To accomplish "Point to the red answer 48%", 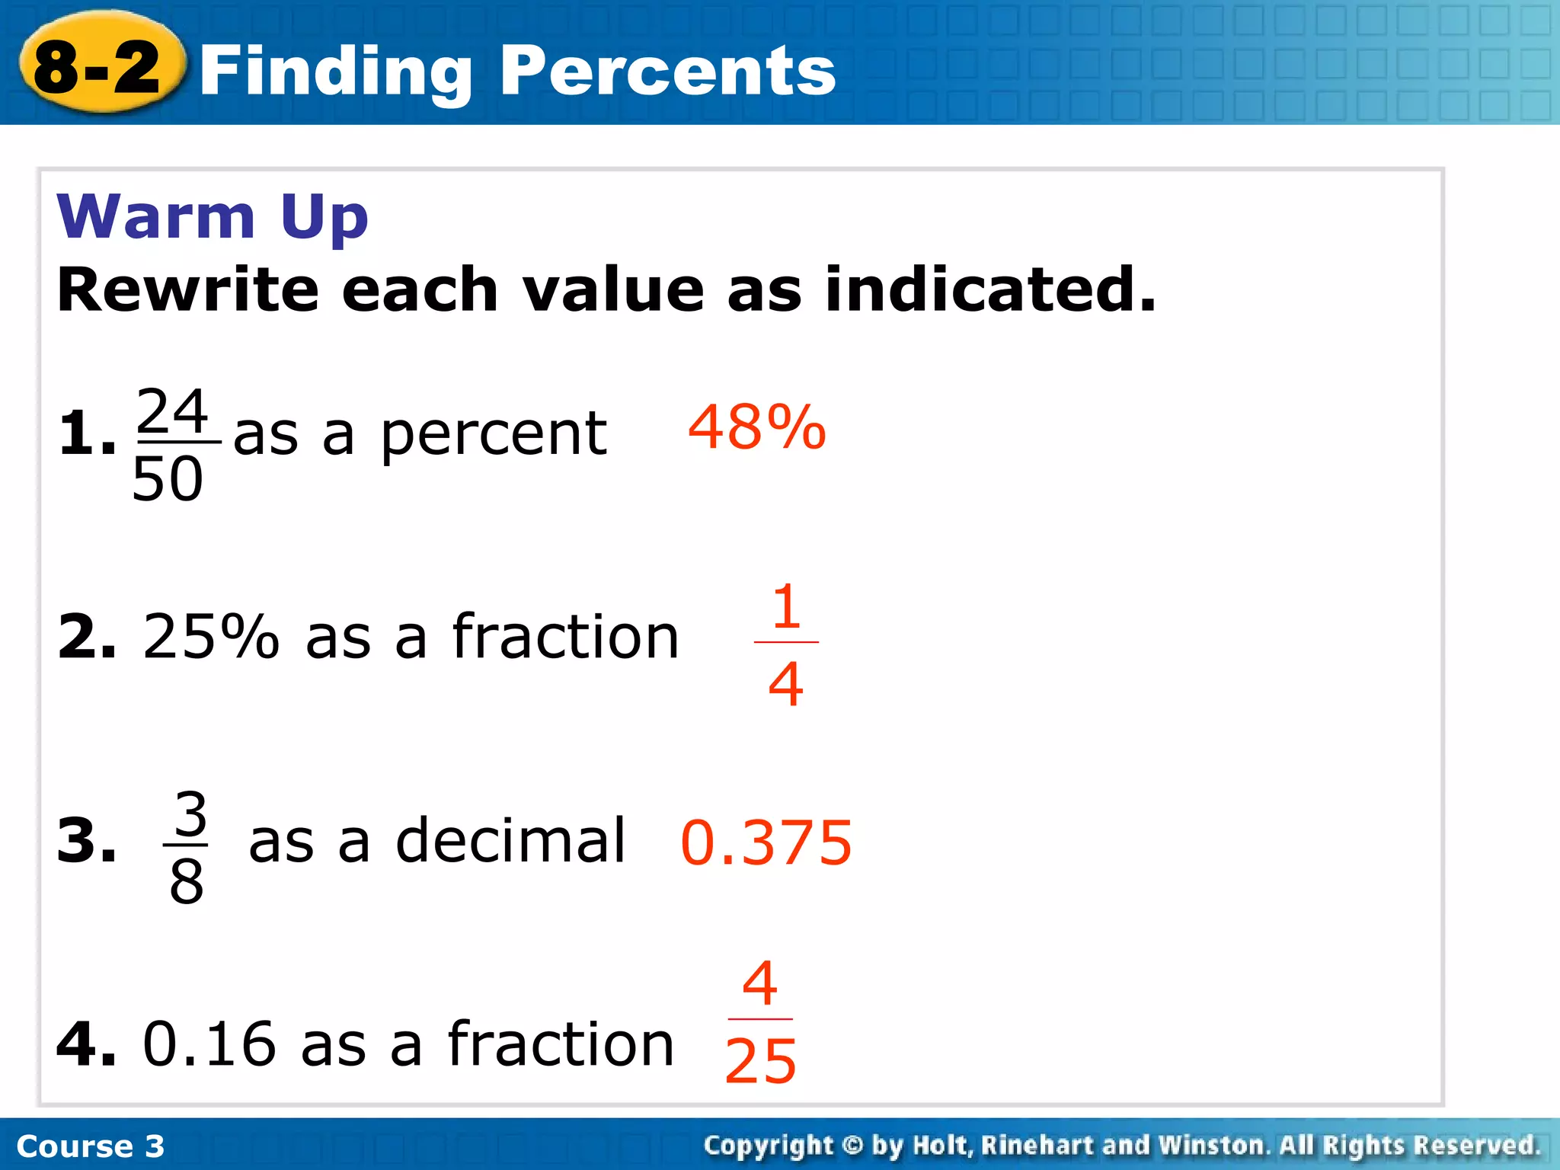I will (x=756, y=427).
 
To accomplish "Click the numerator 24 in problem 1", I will (x=172, y=411).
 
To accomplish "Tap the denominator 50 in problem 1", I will (x=168, y=479).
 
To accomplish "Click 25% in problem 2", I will (x=211, y=636).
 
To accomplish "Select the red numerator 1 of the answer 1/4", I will (x=786, y=606).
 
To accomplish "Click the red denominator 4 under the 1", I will (x=786, y=683).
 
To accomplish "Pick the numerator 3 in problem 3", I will (x=190, y=814).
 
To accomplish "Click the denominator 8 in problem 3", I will (x=187, y=882).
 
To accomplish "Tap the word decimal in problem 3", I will (x=510, y=840).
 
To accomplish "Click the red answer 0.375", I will (x=766, y=842).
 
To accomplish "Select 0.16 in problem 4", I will (x=209, y=1044).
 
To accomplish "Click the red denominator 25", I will (x=760, y=1061).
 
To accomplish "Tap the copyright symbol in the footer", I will (x=853, y=1145).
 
